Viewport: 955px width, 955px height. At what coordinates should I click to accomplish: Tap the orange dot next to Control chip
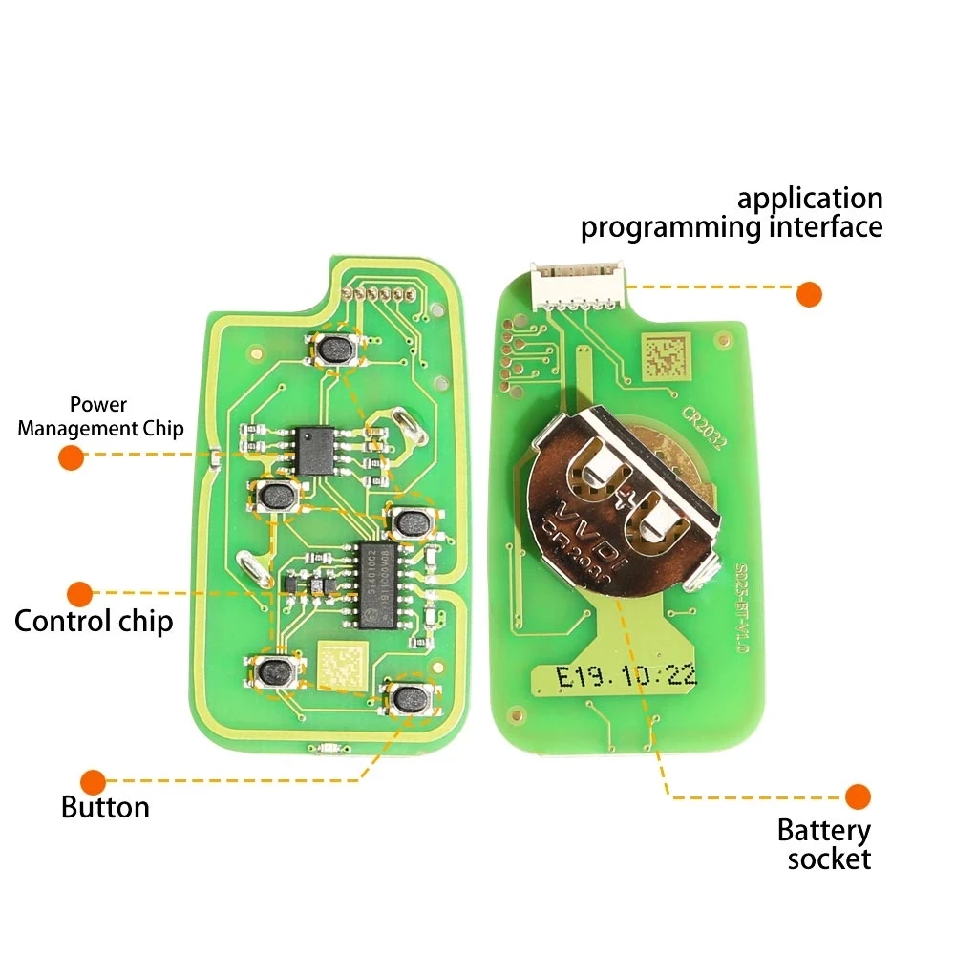(x=80, y=593)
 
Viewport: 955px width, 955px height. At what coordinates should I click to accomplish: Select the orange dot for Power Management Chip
(x=71, y=456)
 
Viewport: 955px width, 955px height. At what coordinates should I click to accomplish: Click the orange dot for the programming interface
(x=810, y=293)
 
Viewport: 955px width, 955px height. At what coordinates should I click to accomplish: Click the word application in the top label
(x=810, y=200)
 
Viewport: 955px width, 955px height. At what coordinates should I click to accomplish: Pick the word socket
(x=829, y=859)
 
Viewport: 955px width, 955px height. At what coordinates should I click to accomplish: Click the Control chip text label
(x=94, y=622)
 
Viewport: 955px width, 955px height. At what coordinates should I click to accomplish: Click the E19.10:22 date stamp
(x=626, y=677)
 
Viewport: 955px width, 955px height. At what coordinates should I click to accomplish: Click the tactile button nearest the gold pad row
(x=336, y=350)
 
